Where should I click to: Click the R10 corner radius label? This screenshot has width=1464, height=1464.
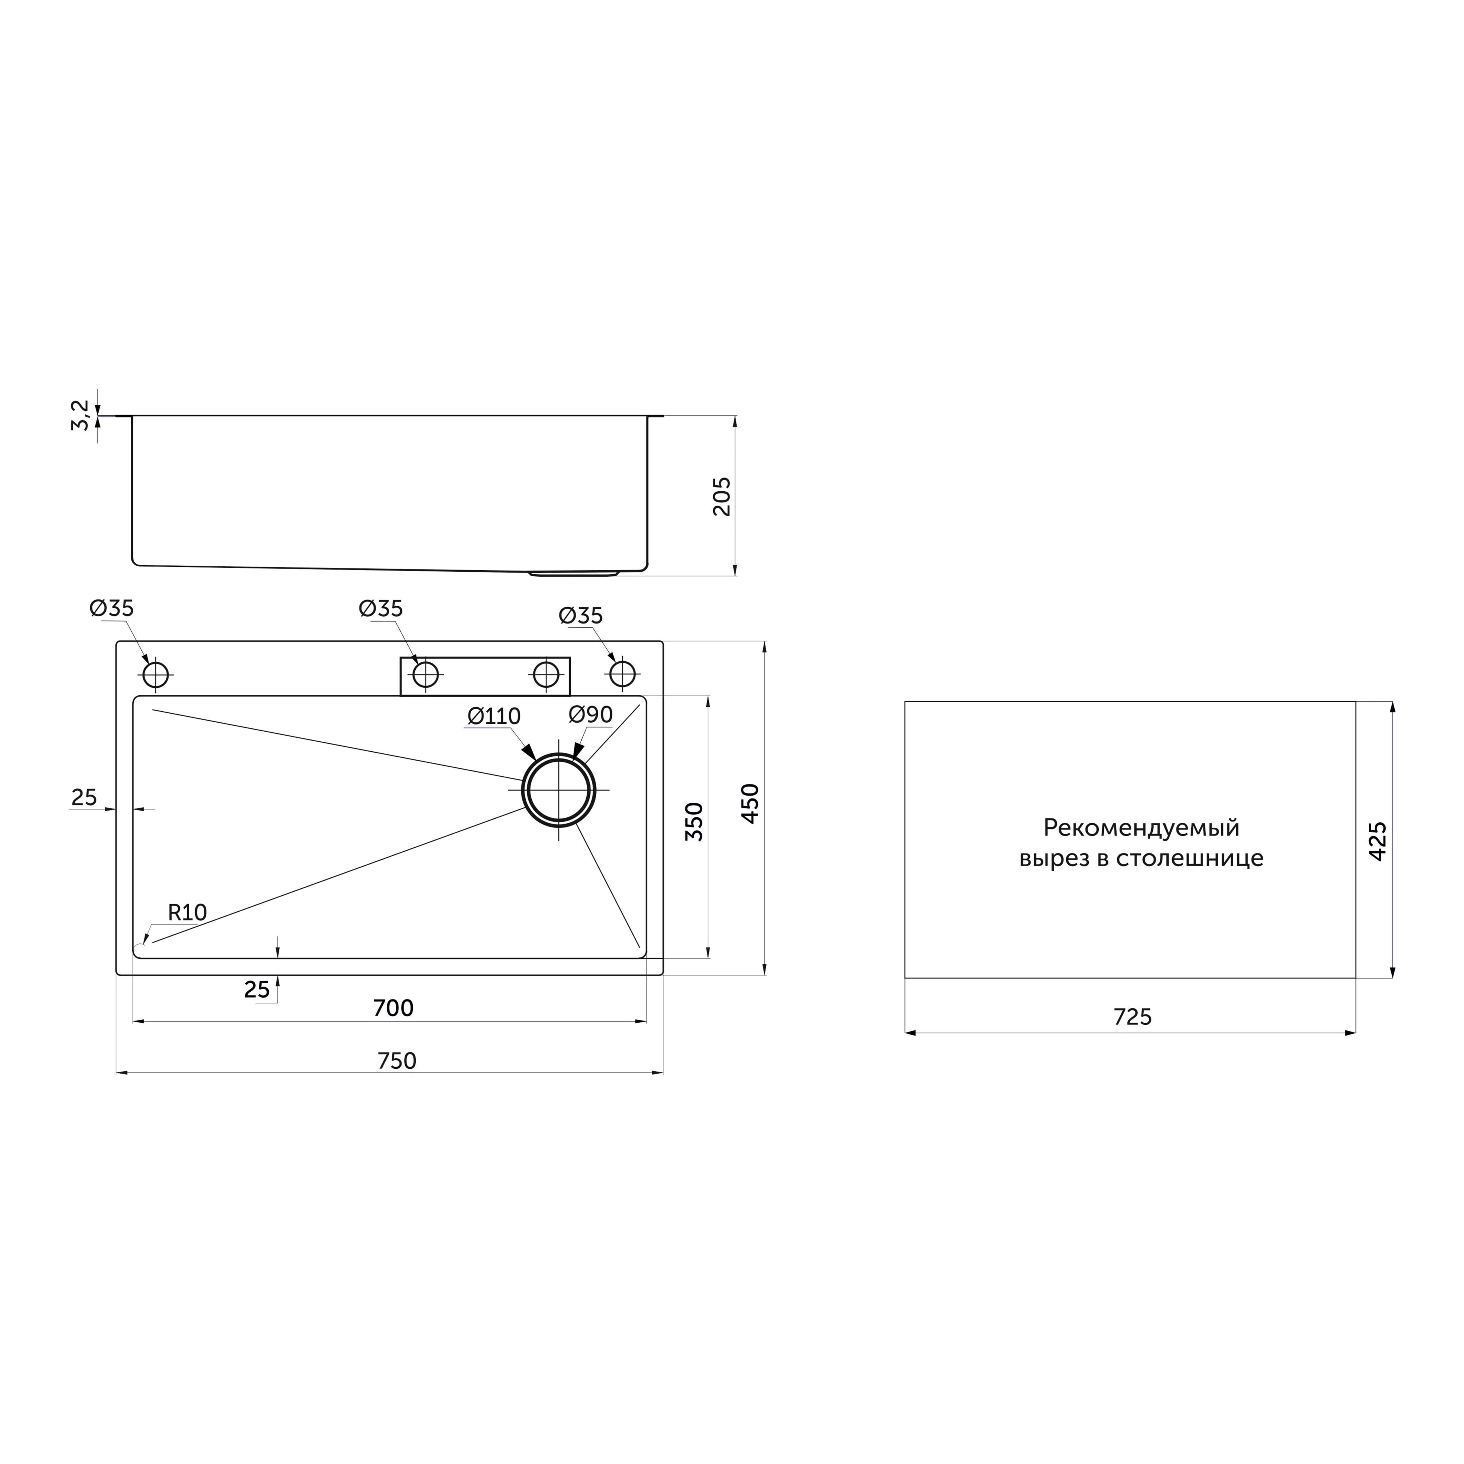(187, 912)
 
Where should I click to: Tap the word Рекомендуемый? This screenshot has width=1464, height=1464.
(1141, 827)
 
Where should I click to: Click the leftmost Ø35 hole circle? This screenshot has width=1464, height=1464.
(155, 675)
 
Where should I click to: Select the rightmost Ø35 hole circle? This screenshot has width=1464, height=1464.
(622, 674)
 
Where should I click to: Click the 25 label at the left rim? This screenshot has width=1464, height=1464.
(84, 797)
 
